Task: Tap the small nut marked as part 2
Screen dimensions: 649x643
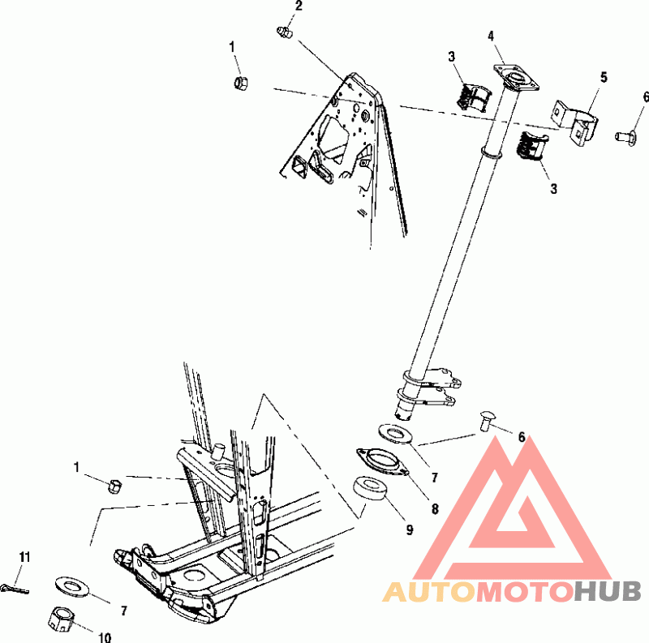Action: tap(284, 32)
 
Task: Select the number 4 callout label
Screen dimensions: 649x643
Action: tap(491, 36)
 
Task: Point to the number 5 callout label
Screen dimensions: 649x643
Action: tap(604, 77)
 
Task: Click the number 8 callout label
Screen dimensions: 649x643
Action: tap(434, 509)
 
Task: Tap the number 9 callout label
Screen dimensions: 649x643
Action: tap(409, 530)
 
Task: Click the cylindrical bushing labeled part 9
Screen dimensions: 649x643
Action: tap(374, 491)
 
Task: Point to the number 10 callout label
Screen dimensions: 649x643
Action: tap(105, 637)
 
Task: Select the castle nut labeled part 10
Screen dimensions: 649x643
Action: tap(58, 619)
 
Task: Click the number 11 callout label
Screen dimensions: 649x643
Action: tap(24, 557)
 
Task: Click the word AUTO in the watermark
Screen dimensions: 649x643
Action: tap(428, 592)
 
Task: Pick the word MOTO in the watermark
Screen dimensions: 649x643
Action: tap(523, 592)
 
